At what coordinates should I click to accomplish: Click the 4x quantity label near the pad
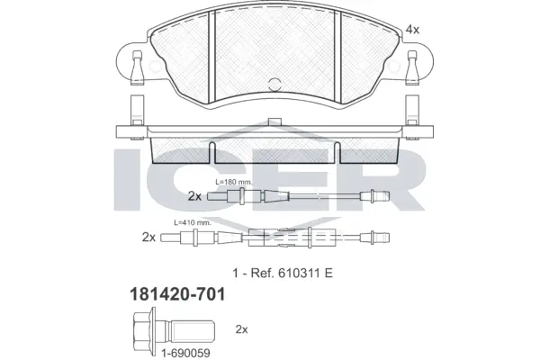(x=413, y=30)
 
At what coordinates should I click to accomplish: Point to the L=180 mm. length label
(x=236, y=181)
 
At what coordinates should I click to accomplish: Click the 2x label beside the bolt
(x=241, y=328)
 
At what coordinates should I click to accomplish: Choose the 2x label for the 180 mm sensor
(x=194, y=195)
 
